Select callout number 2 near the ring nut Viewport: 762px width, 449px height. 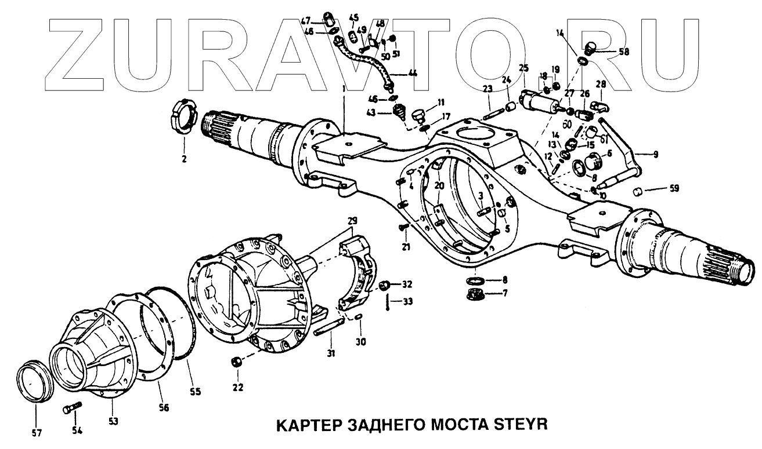coord(184,158)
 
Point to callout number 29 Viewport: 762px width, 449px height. coord(353,221)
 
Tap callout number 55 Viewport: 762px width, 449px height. coord(195,392)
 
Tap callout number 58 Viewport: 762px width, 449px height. coord(624,52)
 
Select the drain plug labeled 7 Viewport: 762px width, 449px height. coord(476,294)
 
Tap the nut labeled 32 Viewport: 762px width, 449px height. coord(384,285)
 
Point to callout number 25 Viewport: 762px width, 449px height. coord(523,68)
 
